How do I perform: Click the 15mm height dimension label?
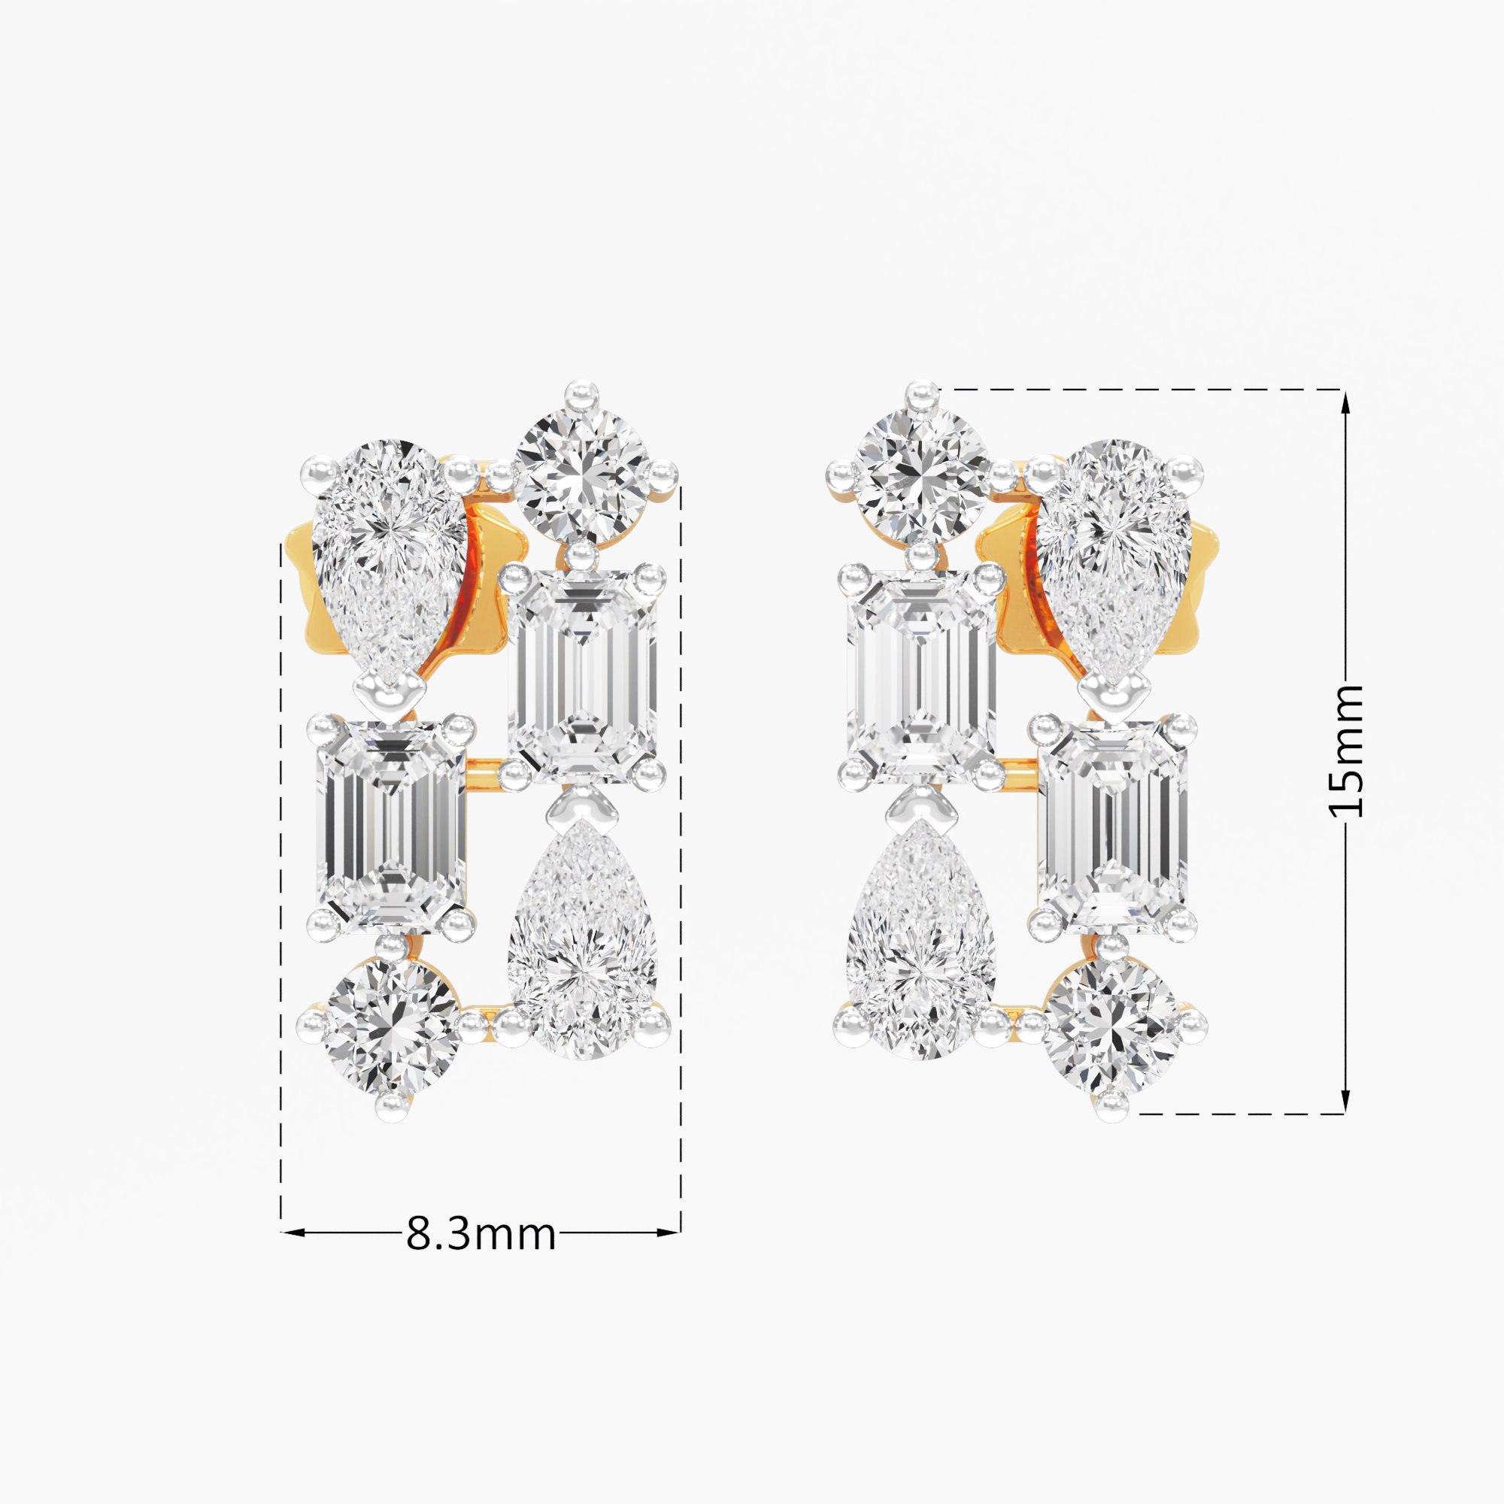tap(1346, 751)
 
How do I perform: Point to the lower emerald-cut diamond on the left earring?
tap(391, 826)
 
